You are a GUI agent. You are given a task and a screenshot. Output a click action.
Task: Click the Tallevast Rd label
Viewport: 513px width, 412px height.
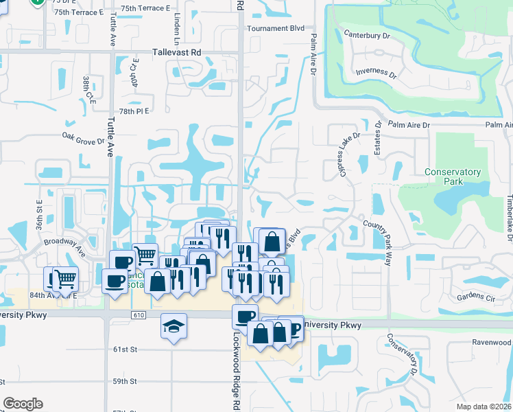(x=176, y=52)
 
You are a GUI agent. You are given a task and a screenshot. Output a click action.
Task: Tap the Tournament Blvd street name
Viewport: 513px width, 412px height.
(x=275, y=29)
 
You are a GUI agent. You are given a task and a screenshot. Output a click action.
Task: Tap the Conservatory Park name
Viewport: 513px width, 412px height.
(x=452, y=176)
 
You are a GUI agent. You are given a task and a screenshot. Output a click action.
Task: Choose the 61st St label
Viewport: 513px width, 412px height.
(x=126, y=350)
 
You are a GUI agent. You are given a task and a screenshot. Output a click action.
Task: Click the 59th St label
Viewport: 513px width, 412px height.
(x=126, y=381)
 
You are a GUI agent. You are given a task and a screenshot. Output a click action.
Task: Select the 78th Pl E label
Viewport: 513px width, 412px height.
(x=134, y=111)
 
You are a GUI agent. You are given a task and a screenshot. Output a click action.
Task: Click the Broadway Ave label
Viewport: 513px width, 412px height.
(x=64, y=246)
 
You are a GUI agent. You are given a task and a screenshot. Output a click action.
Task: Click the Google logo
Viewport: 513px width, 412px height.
(x=23, y=404)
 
